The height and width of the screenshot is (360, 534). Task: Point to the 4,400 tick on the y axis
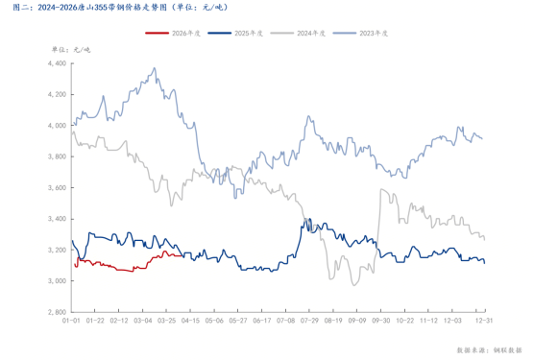[x=56, y=63]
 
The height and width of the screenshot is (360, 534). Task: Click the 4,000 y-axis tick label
[x=56, y=126]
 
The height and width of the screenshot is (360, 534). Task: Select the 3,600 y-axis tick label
[x=56, y=187]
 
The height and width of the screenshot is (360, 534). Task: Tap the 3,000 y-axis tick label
[x=56, y=280]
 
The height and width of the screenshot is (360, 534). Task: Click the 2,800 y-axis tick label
[x=56, y=312]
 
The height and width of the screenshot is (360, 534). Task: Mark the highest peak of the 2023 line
[x=155, y=68]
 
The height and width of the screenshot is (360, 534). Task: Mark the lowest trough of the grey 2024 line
[x=354, y=284]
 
